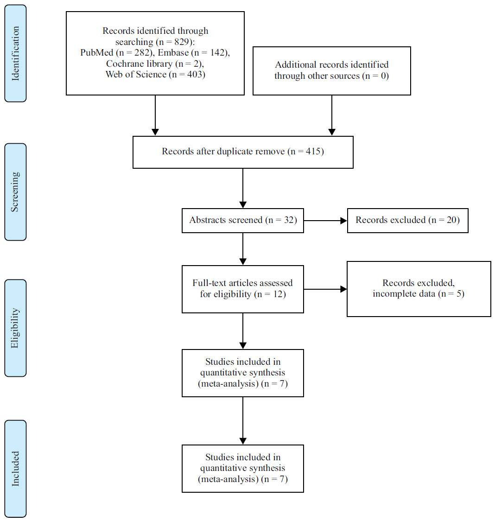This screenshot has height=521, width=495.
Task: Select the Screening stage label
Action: pos(15,191)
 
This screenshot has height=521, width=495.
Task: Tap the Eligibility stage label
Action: pos(15,328)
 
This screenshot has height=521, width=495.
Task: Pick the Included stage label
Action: pos(15,468)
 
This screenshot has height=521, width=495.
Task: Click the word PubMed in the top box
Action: pos(97,52)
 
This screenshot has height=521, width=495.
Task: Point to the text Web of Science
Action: pos(135,74)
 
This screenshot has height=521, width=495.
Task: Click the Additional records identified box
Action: pos(331,70)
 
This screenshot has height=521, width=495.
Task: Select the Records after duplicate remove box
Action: pos(242,152)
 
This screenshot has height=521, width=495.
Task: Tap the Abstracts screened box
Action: pos(242,220)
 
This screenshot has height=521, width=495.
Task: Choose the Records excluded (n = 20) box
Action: pos(407,220)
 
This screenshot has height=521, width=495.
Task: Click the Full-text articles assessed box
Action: pos(242,289)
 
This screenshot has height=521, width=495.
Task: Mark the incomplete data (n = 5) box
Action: pos(419,289)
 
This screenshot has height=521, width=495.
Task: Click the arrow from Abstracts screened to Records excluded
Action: pos(325,221)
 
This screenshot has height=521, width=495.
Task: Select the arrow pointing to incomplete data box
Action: pos(325,289)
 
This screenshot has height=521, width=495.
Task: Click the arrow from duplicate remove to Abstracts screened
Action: pos(243,188)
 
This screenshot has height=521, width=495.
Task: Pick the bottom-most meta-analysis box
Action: pos(242,468)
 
